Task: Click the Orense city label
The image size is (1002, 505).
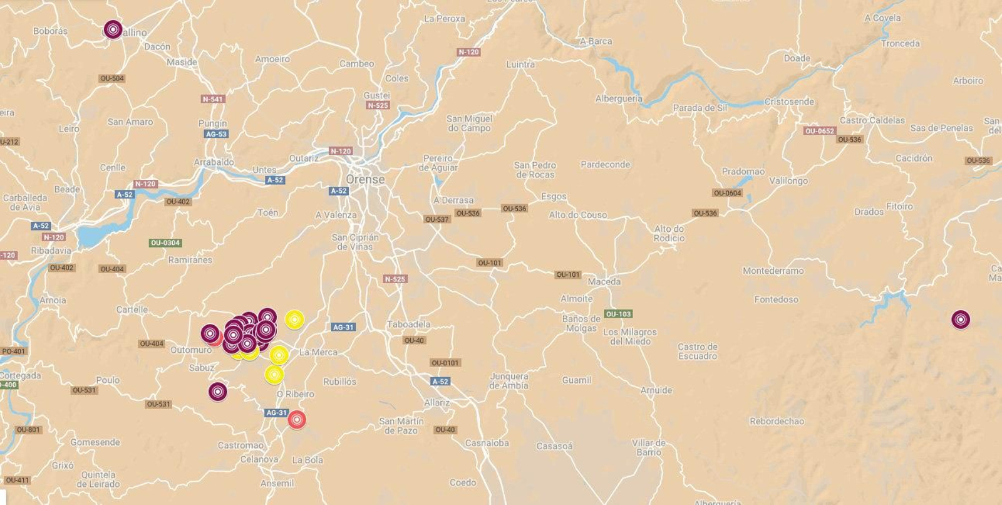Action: point(365,180)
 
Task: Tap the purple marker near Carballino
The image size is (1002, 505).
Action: point(113,29)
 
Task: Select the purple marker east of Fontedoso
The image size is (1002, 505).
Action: point(961,320)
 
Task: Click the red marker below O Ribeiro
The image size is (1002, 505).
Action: point(297,419)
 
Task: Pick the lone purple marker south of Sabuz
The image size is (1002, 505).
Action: point(217,392)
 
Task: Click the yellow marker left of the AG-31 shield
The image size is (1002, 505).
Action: point(294,320)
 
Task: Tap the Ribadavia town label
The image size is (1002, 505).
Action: point(51,251)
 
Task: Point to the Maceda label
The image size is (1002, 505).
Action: point(604,282)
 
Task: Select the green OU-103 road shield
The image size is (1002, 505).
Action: point(618,314)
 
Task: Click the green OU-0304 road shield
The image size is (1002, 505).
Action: point(165,243)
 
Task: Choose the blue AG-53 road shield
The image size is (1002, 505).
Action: point(216,134)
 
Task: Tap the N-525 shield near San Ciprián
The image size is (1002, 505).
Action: point(395,279)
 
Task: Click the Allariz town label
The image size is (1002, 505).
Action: point(436,402)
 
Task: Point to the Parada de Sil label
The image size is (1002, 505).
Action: point(700,108)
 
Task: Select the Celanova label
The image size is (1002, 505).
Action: point(259,459)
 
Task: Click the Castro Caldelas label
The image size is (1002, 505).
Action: point(872,120)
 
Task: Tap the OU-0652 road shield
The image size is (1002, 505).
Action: point(819,131)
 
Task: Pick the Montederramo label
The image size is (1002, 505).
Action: point(773,271)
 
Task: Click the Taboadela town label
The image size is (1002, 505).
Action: point(408,325)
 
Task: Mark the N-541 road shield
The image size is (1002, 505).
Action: point(212,99)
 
